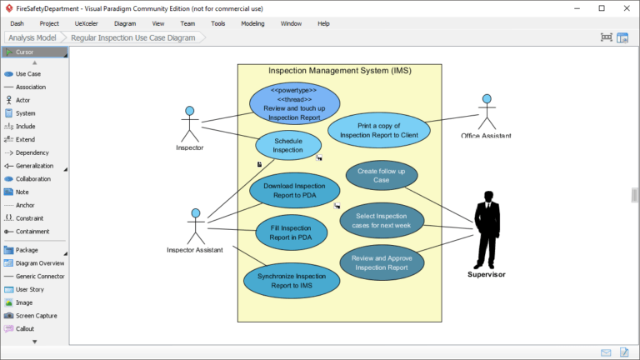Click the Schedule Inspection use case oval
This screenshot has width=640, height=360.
click(287, 145)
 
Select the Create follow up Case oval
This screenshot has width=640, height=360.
click(381, 176)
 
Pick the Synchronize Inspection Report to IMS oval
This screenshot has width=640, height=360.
click(292, 280)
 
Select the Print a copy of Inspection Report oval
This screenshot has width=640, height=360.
click(378, 130)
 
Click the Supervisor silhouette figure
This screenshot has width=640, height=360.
click(487, 229)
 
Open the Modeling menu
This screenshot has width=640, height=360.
click(252, 23)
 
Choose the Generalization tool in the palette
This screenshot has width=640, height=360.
click(32, 166)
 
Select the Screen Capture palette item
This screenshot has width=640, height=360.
click(36, 316)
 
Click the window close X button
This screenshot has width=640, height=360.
click(624, 7)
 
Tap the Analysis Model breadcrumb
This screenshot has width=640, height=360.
click(34, 37)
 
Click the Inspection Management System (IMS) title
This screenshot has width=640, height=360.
click(339, 70)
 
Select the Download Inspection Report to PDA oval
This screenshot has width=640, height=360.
click(294, 191)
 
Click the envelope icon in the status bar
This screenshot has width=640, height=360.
click(606, 352)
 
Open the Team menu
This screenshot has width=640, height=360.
click(187, 23)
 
